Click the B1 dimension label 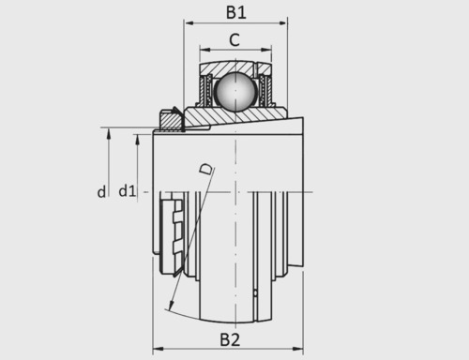(236, 12)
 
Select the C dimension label (234, 40)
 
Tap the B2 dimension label (230, 339)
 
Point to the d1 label (128, 190)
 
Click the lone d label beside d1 (101, 191)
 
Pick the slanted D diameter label (206, 169)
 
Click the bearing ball (234, 91)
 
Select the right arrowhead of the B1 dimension (283, 22)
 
